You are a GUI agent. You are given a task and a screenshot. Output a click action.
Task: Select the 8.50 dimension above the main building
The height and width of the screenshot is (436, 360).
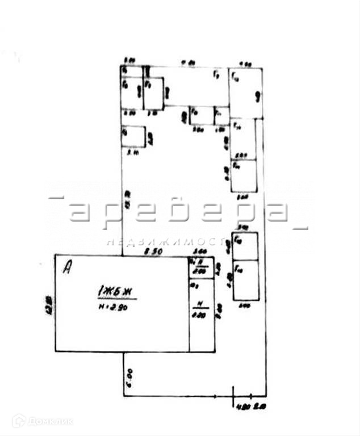coord(151,250)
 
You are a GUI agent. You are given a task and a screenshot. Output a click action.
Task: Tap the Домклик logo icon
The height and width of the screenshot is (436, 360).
coord(19,421)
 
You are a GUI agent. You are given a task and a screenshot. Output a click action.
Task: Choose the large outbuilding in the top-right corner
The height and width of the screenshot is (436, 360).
coord(245,93)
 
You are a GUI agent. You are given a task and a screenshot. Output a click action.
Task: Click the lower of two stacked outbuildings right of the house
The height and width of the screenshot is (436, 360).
coord(245,279)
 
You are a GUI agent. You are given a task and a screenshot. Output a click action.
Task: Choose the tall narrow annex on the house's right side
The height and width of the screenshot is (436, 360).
coord(202,315)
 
